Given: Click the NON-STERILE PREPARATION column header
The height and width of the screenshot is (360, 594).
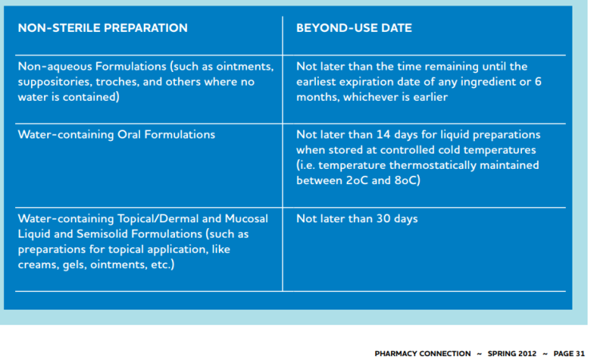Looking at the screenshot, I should pos(102,28).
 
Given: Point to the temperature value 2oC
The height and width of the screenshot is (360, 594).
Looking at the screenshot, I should pos(357,180).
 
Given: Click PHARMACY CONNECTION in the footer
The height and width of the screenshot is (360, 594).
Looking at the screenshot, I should pos(420,352).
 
